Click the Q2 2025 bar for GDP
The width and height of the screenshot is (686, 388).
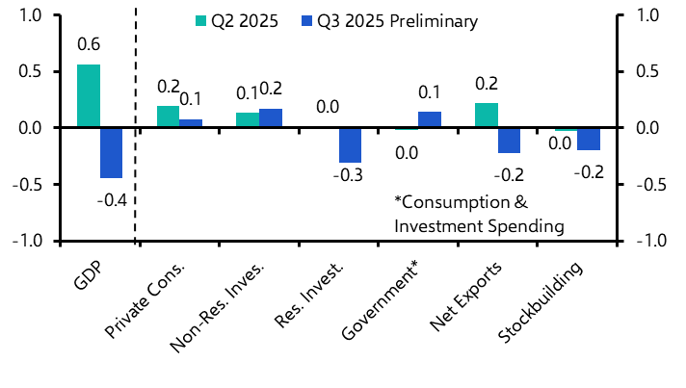tap(89, 96)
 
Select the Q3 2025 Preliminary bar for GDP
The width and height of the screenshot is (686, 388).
tap(112, 153)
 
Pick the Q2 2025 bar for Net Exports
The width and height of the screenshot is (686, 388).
tap(487, 116)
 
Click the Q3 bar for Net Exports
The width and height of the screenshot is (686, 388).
tap(509, 141)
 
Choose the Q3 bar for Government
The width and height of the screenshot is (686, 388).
tap(430, 120)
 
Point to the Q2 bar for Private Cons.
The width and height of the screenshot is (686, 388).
tap(168, 117)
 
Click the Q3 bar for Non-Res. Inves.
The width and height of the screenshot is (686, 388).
tap(271, 118)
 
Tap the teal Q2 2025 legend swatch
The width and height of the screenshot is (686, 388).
tap(200, 21)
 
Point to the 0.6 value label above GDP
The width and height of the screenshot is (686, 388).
tap(89, 44)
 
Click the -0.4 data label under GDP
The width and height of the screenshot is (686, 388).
tap(113, 200)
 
